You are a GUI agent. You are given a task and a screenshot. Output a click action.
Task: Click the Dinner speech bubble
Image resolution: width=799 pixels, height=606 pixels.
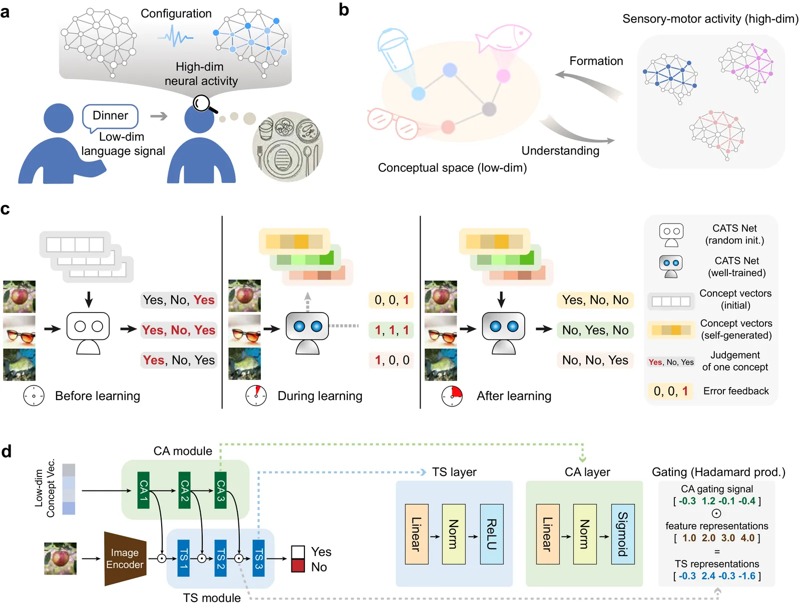tap(110, 116)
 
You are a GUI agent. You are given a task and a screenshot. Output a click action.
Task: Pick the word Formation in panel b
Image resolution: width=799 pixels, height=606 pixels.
tap(596, 61)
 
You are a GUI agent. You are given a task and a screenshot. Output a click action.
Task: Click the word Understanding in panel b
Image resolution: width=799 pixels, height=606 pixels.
tap(560, 150)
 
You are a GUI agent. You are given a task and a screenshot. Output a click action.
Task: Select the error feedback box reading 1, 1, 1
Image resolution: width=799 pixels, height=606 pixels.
tap(391, 330)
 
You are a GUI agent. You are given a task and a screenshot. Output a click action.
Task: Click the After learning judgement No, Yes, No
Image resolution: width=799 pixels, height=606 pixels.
tap(595, 330)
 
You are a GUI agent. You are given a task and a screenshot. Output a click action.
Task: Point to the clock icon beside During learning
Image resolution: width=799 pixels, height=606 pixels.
tap(256, 395)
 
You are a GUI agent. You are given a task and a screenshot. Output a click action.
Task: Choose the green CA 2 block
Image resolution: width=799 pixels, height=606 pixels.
tap(184, 490)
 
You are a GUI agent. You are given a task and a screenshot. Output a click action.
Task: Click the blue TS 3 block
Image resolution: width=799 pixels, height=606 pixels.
tap(258, 558)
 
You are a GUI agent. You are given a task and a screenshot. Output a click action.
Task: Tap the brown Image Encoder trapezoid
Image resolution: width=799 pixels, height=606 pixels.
tap(125, 558)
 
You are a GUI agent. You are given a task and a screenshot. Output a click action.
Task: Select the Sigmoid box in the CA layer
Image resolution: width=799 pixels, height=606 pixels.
tap(623, 534)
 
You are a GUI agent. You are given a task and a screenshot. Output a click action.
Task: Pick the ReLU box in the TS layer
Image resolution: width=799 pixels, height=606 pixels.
tap(492, 534)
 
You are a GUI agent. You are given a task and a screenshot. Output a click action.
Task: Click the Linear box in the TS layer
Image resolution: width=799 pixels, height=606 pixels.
tap(417, 534)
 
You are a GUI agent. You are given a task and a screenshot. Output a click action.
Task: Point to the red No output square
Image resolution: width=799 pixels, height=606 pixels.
tap(298, 565)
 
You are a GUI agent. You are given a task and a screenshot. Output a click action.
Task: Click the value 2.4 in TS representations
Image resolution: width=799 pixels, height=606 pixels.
tap(708, 576)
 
